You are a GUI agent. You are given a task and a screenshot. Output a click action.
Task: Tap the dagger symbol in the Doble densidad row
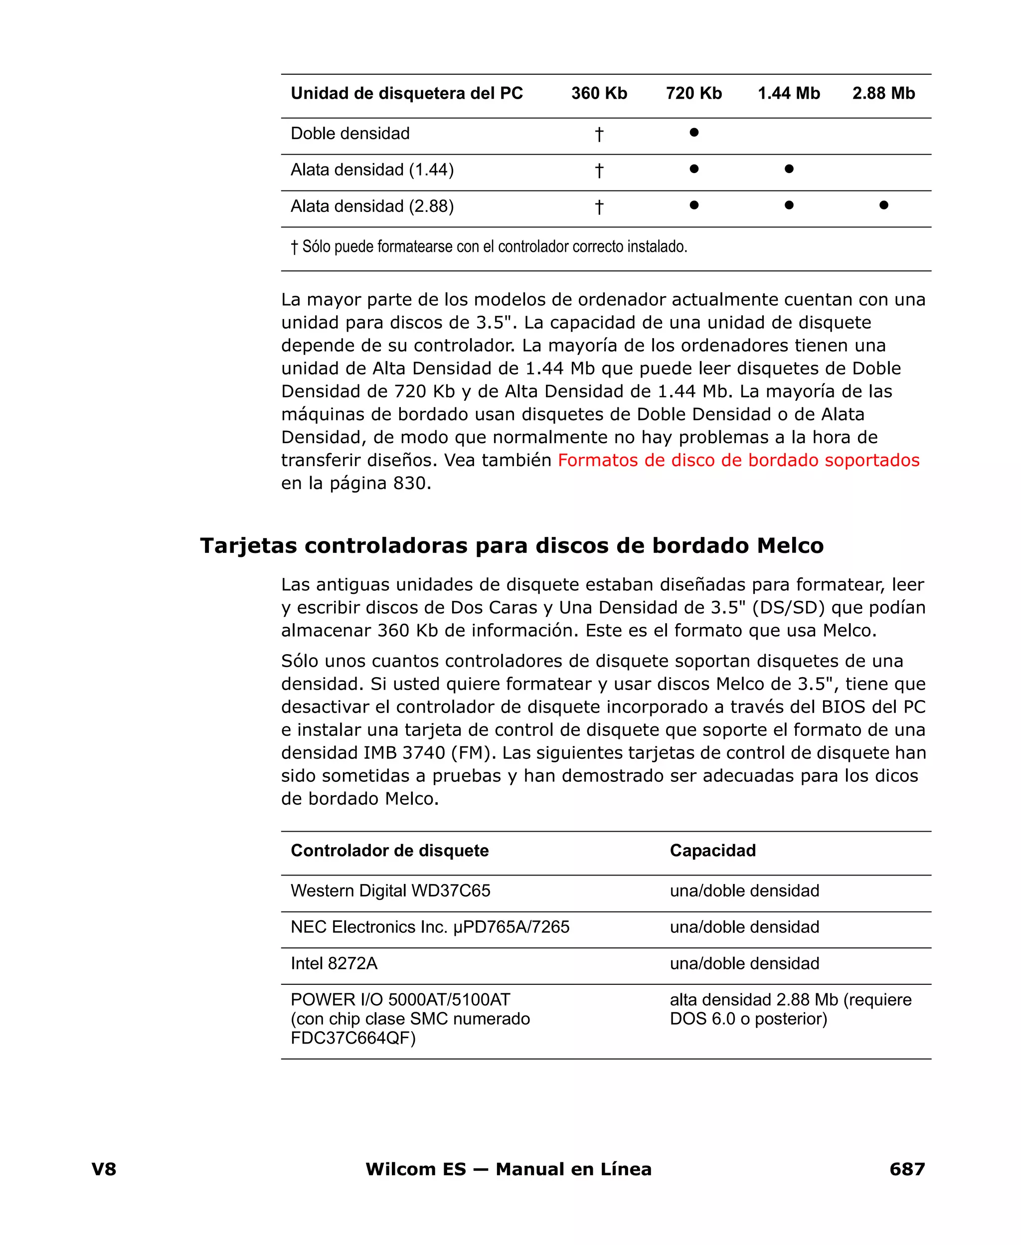point(599,135)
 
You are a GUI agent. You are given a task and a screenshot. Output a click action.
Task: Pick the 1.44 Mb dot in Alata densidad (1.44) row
point(789,170)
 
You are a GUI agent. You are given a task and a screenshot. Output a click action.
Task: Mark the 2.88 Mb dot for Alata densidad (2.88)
point(883,205)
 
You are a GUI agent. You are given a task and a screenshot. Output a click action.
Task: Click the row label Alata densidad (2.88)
point(372,206)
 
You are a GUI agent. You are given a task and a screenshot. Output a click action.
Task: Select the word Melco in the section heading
point(790,546)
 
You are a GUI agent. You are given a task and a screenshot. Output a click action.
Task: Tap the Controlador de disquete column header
point(389,851)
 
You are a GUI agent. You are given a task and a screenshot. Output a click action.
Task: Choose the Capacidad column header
point(713,851)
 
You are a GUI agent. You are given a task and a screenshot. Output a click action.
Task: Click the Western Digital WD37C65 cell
point(390,890)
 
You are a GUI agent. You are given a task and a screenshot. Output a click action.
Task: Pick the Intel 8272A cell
point(334,963)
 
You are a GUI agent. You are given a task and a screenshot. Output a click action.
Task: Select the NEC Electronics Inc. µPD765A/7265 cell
point(429,927)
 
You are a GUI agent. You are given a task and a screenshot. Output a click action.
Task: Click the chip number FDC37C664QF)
point(353,1038)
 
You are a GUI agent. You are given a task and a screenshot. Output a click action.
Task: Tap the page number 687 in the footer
point(907,1169)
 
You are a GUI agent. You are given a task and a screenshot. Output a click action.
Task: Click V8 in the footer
point(104,1169)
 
